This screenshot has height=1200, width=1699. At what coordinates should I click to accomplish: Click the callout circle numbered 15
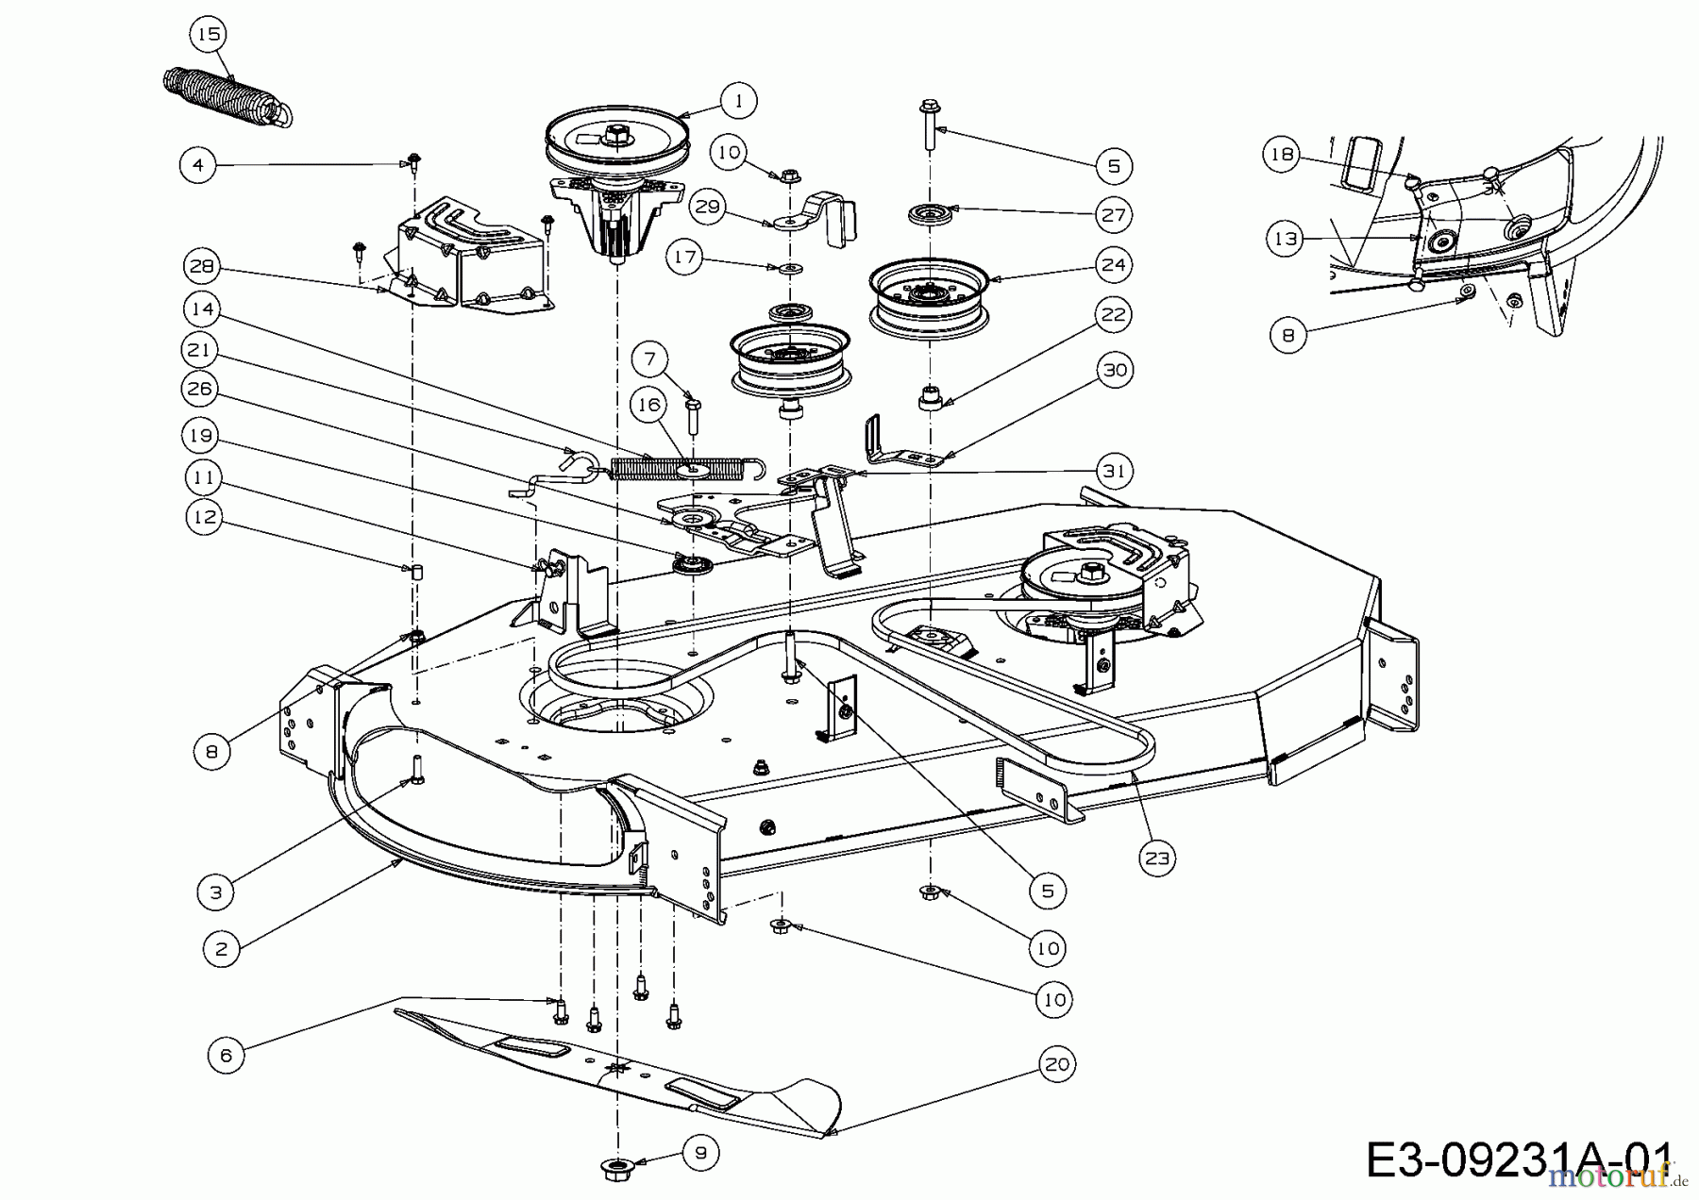pos(208,35)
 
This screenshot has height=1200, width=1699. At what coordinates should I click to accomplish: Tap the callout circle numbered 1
pos(739,100)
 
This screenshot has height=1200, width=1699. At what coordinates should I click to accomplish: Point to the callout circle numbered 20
pos(1057,1065)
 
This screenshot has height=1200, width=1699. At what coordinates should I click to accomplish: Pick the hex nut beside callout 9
pos(616,1167)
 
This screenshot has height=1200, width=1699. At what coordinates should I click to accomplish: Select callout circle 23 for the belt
pos(1157,858)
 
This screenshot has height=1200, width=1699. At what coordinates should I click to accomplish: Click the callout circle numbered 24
pos(1114,265)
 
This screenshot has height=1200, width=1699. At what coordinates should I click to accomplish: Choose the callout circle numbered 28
pos(202,267)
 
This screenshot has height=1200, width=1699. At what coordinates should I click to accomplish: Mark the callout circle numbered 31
pos(1115,471)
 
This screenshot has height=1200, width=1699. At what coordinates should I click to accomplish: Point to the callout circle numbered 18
pos(1282,155)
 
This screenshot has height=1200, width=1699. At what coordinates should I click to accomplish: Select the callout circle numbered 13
pos(1286,239)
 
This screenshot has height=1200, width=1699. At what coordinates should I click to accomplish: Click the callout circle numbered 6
pos(226,1056)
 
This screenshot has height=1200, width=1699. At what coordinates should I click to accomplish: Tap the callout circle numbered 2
pos(222,949)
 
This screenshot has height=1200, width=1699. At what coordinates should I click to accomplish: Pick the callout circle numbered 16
pos(648,406)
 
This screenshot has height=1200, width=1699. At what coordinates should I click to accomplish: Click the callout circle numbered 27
pos(1114,215)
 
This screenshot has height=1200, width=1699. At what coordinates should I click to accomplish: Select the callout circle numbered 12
pos(206,517)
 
